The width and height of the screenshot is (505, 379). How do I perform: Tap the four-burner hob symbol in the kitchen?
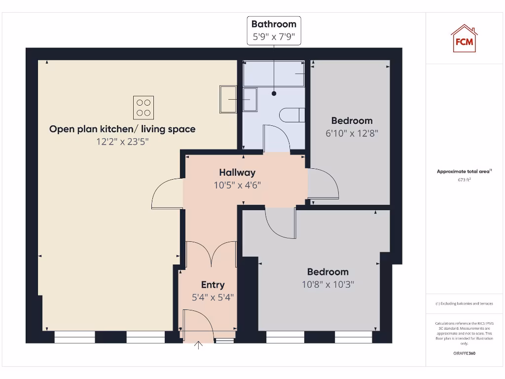pyautogui.click(x=143, y=108)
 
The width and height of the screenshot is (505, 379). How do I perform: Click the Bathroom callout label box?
pyautogui.click(x=274, y=30)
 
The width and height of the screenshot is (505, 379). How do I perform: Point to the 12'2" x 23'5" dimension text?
pyautogui.click(x=122, y=142)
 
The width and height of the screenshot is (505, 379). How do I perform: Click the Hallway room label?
pyautogui.click(x=237, y=172)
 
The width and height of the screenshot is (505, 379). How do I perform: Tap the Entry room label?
pyautogui.click(x=213, y=285)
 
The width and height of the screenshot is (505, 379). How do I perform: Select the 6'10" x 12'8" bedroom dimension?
pyautogui.click(x=352, y=133)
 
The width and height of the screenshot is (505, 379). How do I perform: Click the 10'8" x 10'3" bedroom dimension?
pyautogui.click(x=328, y=284)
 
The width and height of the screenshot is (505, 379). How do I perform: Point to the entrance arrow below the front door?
pyautogui.click(x=199, y=345)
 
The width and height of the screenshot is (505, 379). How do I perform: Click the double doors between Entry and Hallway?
pyautogui.click(x=211, y=254)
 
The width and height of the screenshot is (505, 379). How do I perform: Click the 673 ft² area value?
pyautogui.click(x=464, y=180)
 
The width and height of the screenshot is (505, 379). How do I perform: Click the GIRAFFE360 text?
pyautogui.click(x=464, y=353)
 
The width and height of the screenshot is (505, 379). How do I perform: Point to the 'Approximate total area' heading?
pyautogui.click(x=464, y=171)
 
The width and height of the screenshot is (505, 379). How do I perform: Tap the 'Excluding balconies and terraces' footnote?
pyautogui.click(x=464, y=304)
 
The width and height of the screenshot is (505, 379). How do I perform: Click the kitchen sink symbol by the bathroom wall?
pyautogui.click(x=229, y=99)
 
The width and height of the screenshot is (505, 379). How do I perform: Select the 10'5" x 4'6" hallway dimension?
pyautogui.click(x=237, y=186)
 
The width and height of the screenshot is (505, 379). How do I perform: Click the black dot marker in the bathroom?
pyautogui.click(x=274, y=93)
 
